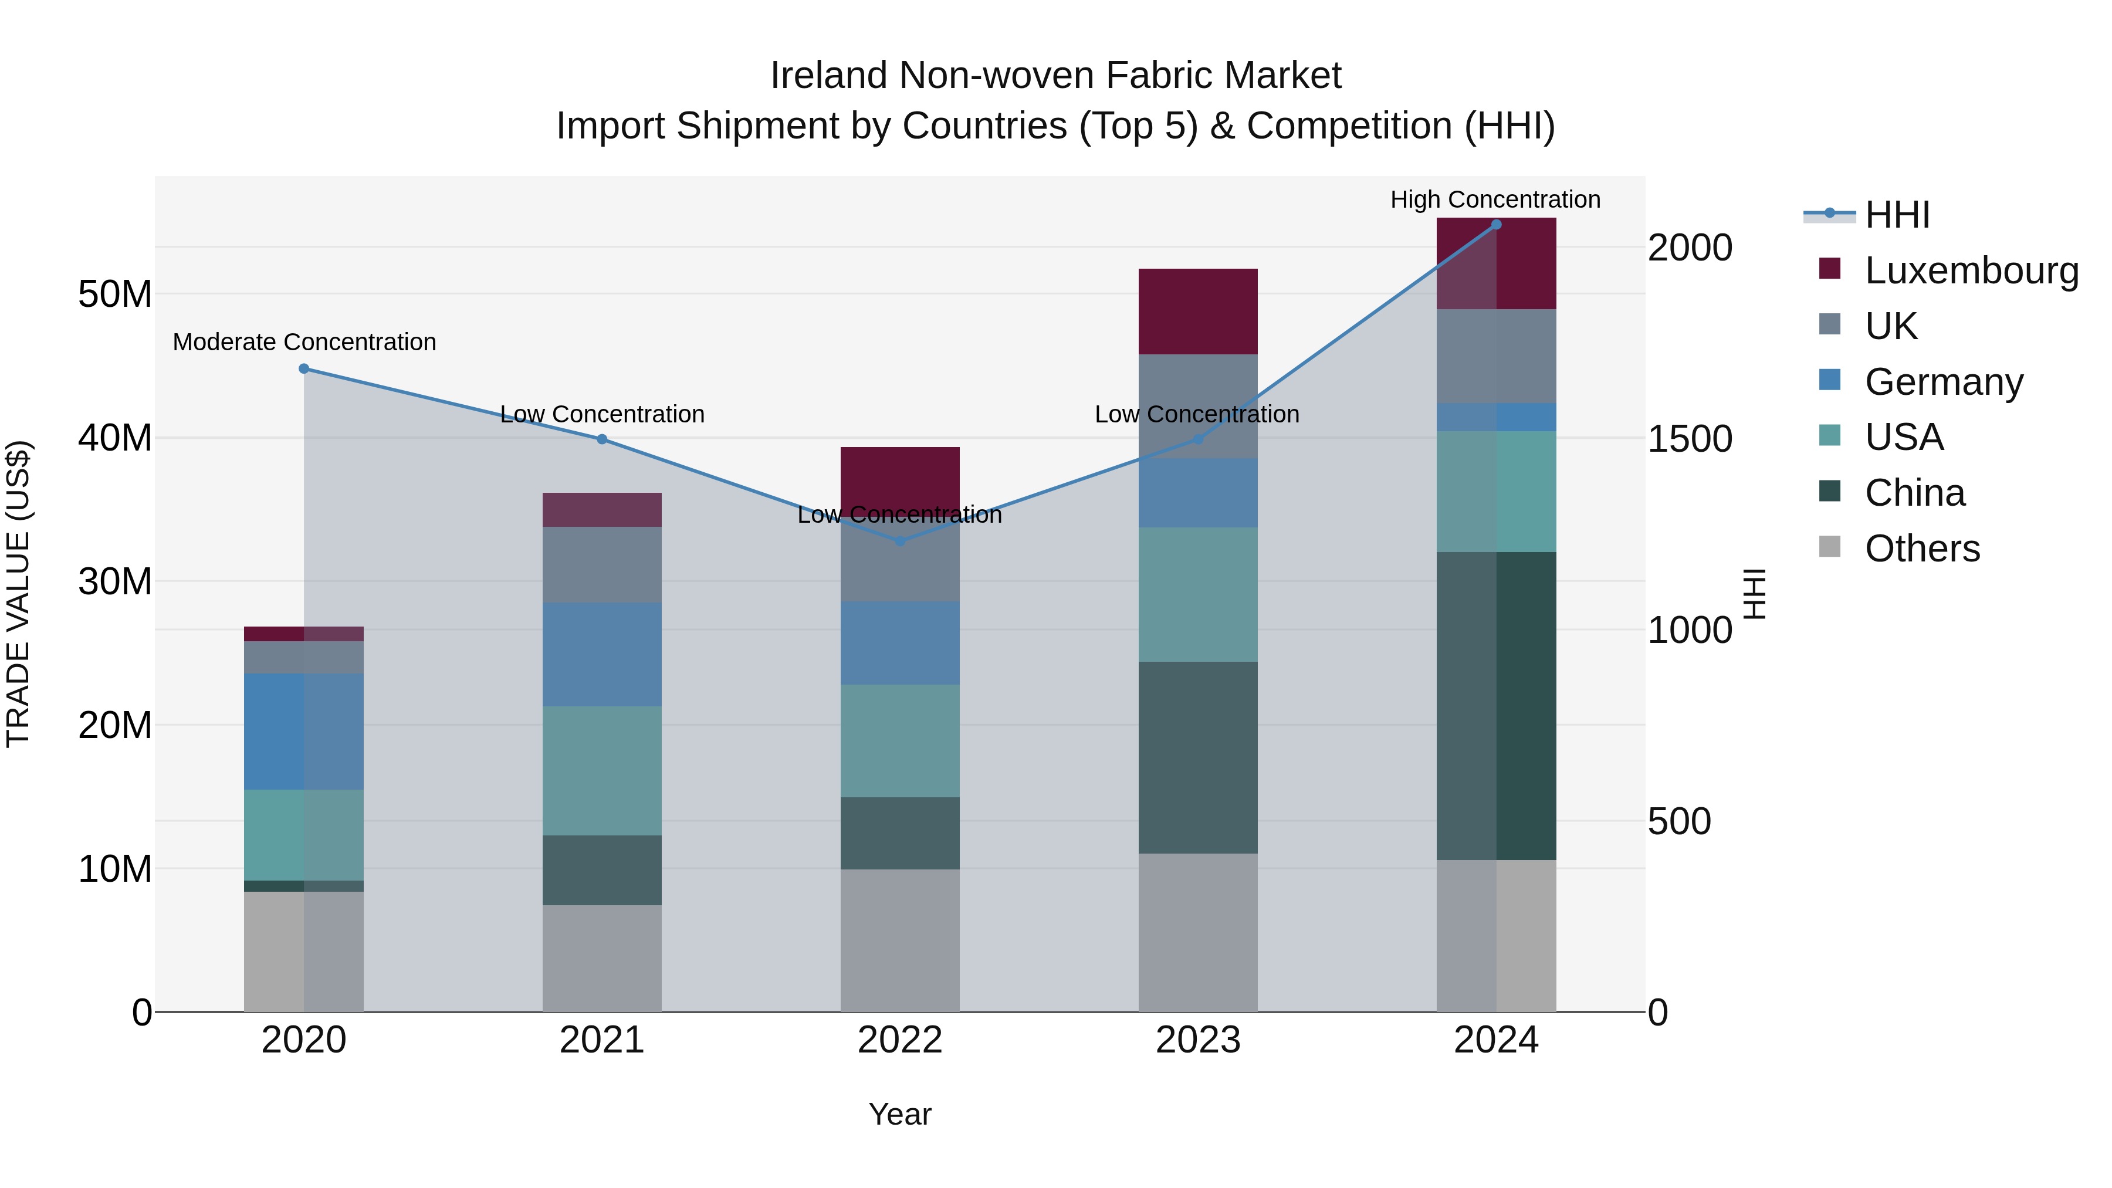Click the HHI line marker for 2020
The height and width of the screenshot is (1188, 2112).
click(x=304, y=369)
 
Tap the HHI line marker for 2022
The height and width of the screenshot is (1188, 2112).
click(x=899, y=541)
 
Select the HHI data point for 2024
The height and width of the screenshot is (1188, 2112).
click(x=1496, y=225)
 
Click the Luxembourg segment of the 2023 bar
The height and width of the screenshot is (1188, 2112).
click(x=1198, y=312)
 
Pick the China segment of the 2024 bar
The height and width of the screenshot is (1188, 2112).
click(x=1496, y=706)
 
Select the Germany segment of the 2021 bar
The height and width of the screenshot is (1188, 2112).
click(x=602, y=654)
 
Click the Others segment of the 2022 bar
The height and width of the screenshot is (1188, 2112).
click(x=899, y=940)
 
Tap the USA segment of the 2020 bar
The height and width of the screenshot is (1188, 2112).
click(x=304, y=835)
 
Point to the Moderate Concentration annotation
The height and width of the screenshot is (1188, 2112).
click(x=304, y=342)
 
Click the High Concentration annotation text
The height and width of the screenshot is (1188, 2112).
click(x=1495, y=199)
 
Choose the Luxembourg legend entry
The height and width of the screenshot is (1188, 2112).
click(x=1971, y=270)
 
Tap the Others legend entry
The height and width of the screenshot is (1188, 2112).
click(x=1922, y=549)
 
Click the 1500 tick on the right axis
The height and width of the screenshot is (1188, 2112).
click(x=1690, y=439)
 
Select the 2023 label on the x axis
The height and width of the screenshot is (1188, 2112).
click(x=1198, y=1040)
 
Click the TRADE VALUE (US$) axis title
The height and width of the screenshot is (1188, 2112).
click(x=18, y=594)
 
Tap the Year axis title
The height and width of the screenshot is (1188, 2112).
click(x=899, y=1114)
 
